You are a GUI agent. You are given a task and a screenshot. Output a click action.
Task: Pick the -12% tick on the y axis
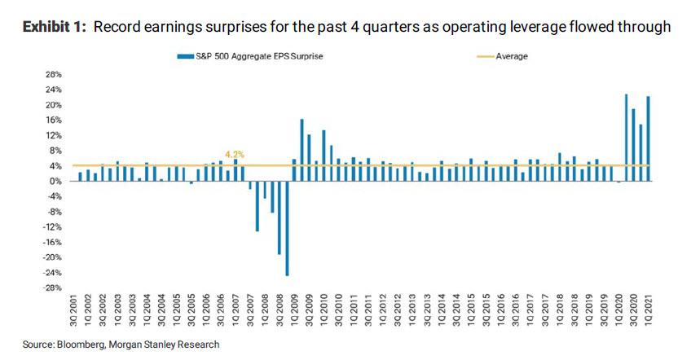pos(54,226)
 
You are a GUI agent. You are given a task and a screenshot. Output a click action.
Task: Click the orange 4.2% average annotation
pos(235,155)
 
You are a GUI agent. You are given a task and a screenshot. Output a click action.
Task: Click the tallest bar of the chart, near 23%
pos(626,137)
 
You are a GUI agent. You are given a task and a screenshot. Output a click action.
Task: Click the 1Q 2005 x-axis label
pos(177,313)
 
